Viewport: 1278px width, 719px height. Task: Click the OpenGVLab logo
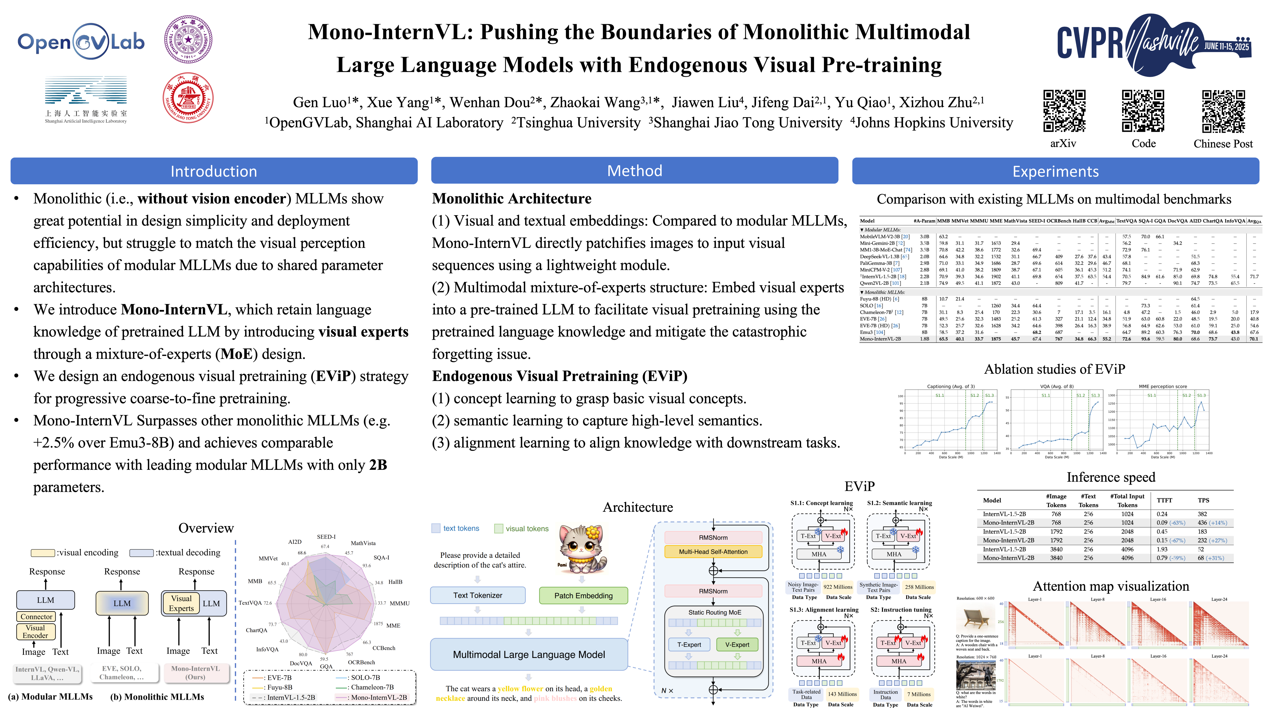[81, 42]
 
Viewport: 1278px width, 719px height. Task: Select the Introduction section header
[214, 171]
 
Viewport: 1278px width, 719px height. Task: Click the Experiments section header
[1055, 171]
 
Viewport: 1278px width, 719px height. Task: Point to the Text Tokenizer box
[477, 595]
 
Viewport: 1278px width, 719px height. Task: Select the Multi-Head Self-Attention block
[713, 551]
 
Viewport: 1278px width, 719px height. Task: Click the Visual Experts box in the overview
[181, 603]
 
